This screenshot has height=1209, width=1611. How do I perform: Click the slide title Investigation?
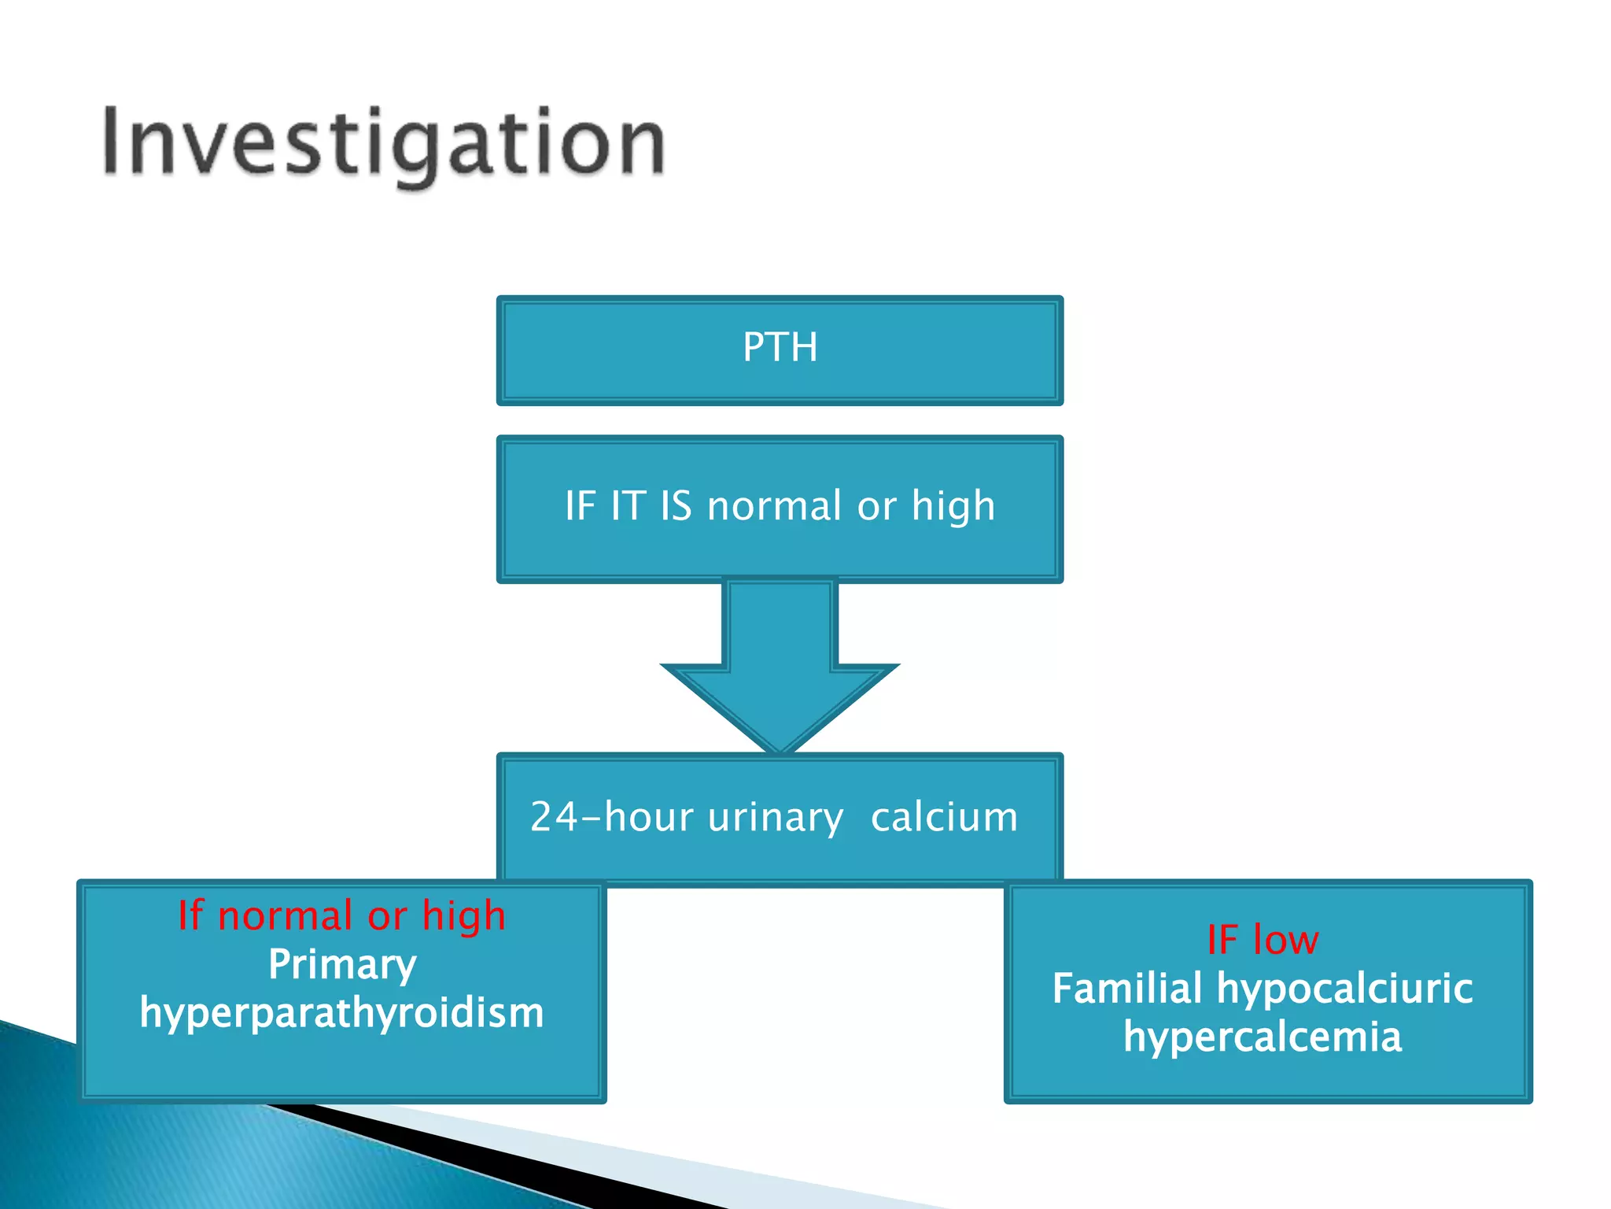tap(384, 143)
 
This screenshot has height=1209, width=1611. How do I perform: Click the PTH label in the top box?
tap(780, 347)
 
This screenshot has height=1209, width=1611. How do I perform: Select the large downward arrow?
tap(780, 669)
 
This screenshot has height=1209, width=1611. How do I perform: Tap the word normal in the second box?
tap(774, 505)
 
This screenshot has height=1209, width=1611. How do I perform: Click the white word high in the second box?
tap(953, 507)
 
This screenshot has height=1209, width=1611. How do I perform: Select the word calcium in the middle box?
tap(944, 817)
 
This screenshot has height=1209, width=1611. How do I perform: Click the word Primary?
tap(342, 965)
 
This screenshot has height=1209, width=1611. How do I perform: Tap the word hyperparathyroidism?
tap(342, 1013)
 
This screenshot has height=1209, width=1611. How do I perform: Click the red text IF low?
tap(1263, 940)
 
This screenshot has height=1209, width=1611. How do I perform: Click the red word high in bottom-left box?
tap(463, 917)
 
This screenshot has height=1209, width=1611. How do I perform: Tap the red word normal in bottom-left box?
tap(285, 916)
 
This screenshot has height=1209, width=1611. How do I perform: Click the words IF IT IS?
tap(628, 505)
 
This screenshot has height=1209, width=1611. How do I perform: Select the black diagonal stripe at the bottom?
tap(503, 1157)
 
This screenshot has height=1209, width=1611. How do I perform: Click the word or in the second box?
tap(876, 507)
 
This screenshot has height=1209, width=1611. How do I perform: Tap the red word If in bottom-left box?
tap(190, 915)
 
